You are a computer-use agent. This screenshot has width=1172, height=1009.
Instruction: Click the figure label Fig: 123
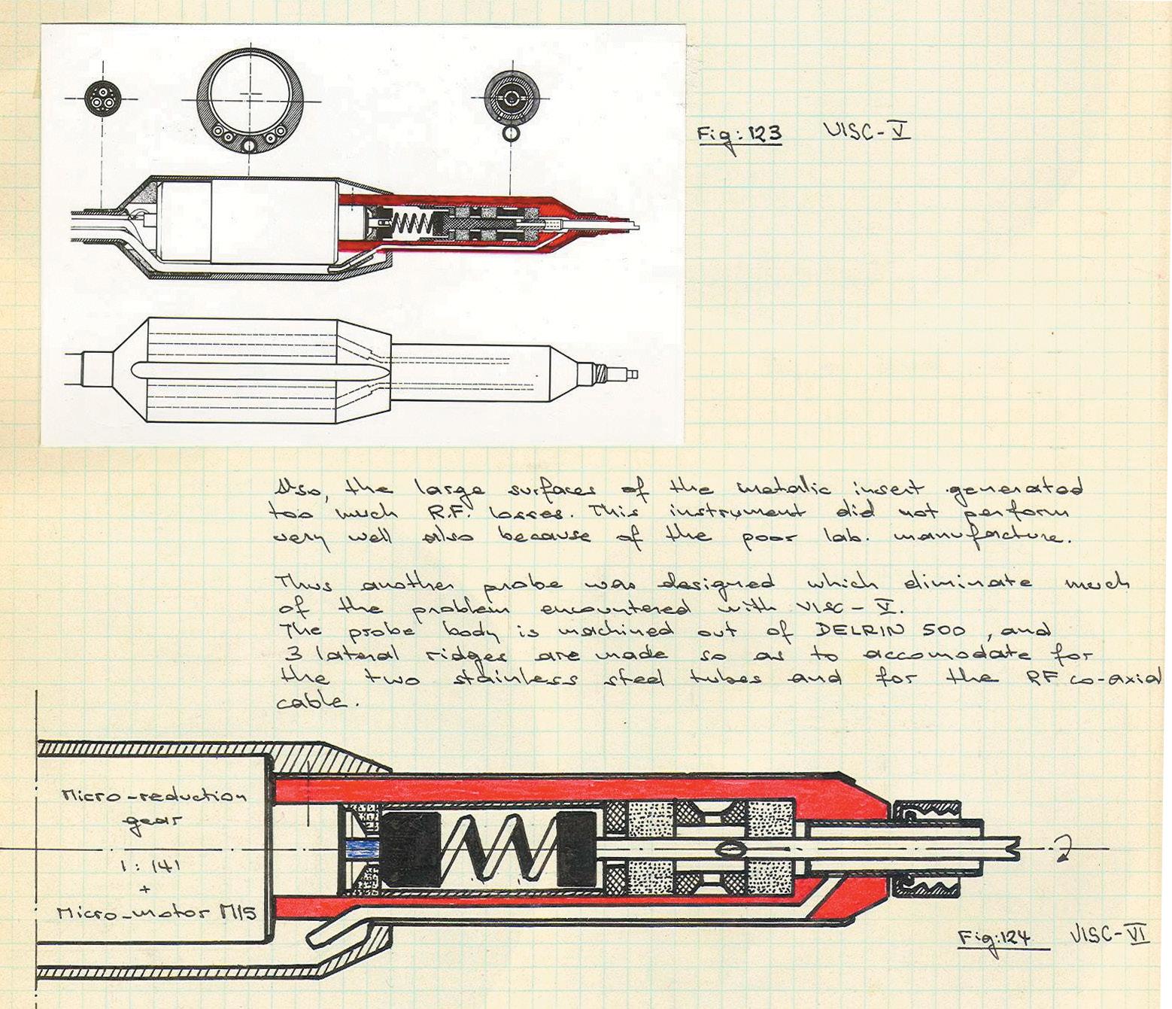click(x=739, y=135)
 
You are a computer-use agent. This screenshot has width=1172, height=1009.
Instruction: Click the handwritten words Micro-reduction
click(x=153, y=796)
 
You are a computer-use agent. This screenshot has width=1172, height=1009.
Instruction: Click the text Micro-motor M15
click(x=156, y=913)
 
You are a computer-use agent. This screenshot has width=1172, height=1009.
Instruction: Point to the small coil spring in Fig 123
click(x=407, y=222)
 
